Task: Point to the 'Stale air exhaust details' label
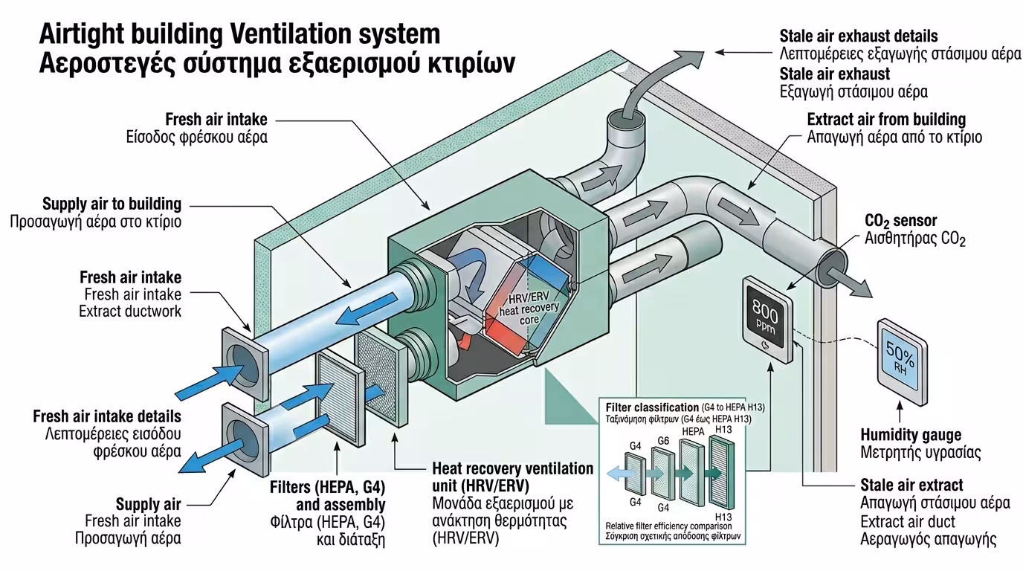tap(858, 36)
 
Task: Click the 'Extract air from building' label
tap(886, 119)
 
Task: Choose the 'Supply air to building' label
tap(112, 204)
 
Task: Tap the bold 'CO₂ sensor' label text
tap(900, 221)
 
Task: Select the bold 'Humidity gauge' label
tap(911, 435)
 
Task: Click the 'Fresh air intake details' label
tap(107, 416)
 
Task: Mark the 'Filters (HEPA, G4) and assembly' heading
tap(327, 497)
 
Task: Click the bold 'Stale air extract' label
tap(911, 485)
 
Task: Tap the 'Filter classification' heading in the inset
tap(651, 407)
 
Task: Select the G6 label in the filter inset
tap(664, 441)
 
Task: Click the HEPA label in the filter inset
tap(692, 431)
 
